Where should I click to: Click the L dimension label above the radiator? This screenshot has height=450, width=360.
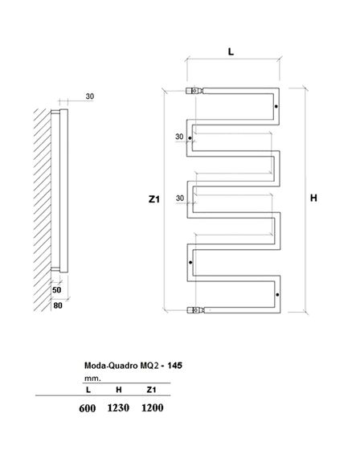(231, 51)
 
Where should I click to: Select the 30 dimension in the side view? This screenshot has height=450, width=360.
(89, 97)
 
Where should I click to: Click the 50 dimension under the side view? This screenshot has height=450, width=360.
(57, 289)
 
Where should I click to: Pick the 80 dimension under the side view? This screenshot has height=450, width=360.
(57, 305)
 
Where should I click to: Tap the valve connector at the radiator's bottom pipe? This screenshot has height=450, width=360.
(194, 308)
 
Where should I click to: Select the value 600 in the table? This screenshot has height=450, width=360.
(88, 407)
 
